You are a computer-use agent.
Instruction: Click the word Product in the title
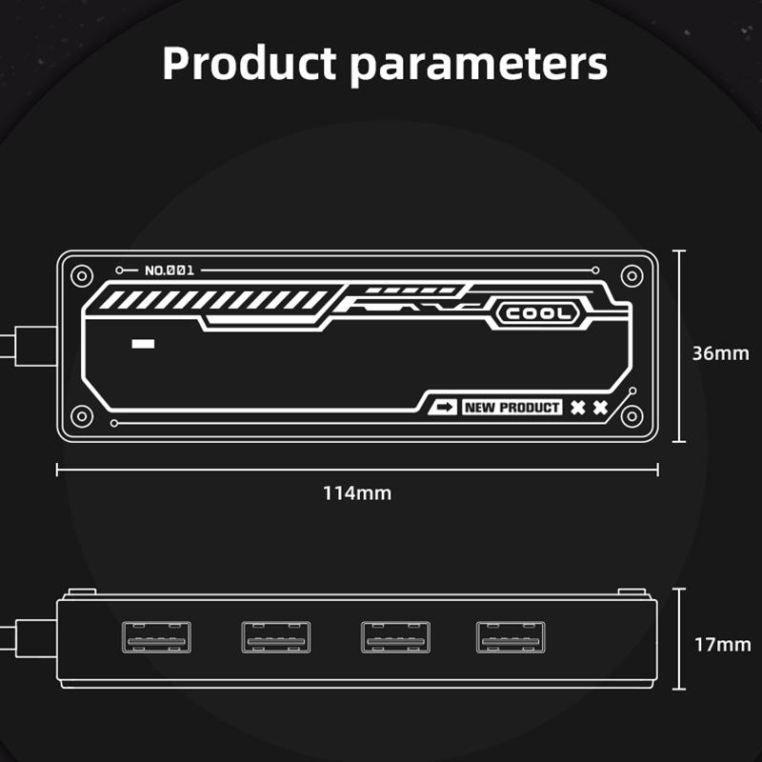(250, 63)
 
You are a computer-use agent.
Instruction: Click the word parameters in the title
(479, 67)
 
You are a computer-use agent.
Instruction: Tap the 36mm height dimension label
(721, 353)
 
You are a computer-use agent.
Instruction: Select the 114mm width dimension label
(357, 493)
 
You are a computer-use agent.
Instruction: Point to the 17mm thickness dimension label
(723, 645)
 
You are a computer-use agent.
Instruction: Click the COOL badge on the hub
(538, 313)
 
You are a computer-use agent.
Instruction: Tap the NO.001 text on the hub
(170, 271)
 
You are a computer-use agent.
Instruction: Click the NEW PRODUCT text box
(511, 408)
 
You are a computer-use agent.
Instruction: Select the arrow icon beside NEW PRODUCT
(443, 408)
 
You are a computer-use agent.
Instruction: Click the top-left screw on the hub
(82, 276)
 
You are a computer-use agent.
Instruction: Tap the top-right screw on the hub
(632, 276)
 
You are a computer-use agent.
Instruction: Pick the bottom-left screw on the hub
(82, 416)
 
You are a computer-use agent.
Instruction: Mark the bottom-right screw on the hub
(632, 416)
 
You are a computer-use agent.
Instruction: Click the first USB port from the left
(156, 636)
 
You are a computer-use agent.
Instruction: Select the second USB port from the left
(276, 636)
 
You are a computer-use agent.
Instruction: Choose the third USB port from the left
(395, 636)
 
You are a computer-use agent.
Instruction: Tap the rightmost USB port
(511, 636)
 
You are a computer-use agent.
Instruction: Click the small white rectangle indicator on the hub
(144, 344)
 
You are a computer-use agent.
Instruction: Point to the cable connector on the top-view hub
(36, 347)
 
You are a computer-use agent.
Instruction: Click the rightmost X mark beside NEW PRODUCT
(601, 408)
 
